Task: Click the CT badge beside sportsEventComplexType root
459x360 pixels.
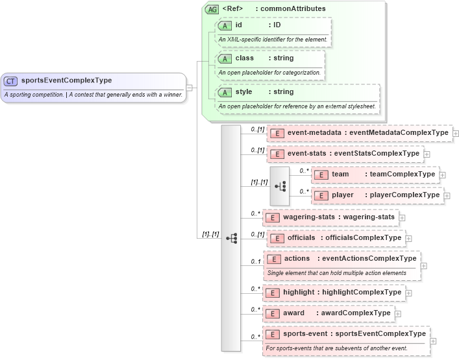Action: click(11, 81)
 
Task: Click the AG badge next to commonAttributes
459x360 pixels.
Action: click(212, 9)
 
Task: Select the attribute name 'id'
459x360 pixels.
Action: click(239, 25)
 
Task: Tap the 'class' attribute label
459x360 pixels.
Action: click(244, 58)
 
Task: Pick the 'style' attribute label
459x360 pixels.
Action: click(243, 92)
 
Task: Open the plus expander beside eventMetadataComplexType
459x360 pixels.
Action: click(456, 133)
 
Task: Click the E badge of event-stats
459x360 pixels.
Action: click(277, 154)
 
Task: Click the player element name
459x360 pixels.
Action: click(342, 195)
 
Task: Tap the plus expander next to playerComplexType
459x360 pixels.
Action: click(447, 195)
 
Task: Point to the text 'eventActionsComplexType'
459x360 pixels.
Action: click(369, 259)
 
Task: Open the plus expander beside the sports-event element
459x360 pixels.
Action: click(433, 341)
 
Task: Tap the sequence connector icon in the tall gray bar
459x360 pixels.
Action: click(231, 238)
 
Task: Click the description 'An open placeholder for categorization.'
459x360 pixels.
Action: click(269, 72)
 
